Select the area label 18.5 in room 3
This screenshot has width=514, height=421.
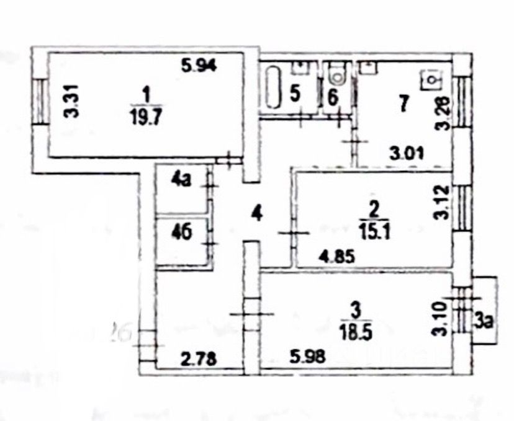[x=356, y=324]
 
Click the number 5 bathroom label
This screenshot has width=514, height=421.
[x=295, y=94]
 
